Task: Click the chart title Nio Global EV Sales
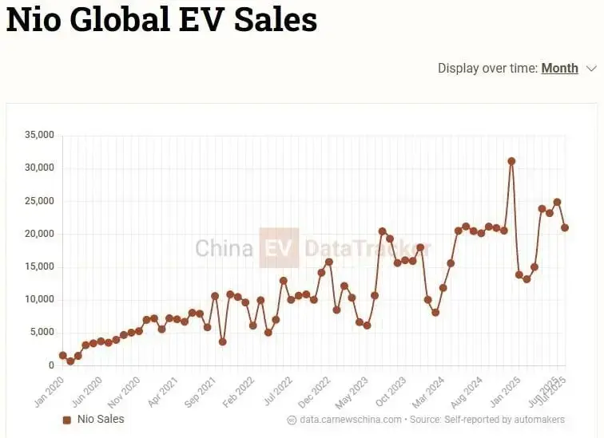point(161,20)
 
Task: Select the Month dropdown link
point(559,68)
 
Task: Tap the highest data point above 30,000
point(511,161)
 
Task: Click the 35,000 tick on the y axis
point(39,135)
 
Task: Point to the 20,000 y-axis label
point(39,234)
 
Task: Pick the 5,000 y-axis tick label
point(42,333)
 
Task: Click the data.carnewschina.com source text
point(350,420)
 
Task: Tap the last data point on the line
point(565,227)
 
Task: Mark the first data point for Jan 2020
point(62,355)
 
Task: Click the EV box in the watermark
point(279,247)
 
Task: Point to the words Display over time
point(487,68)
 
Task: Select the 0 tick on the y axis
point(51,365)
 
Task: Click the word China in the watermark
point(224,247)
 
